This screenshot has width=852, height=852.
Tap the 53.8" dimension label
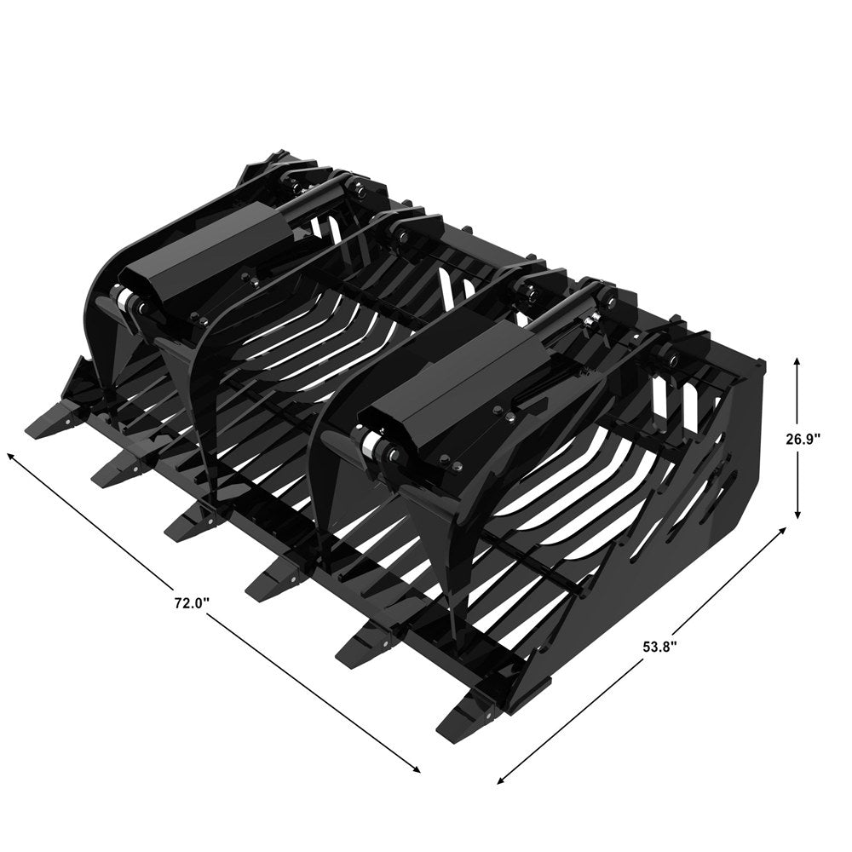tap(659, 647)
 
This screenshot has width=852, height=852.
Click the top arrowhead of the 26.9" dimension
tap(797, 361)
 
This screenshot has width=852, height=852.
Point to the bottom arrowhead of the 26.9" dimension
tap(797, 514)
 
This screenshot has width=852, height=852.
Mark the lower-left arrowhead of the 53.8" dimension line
tap(502, 780)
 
